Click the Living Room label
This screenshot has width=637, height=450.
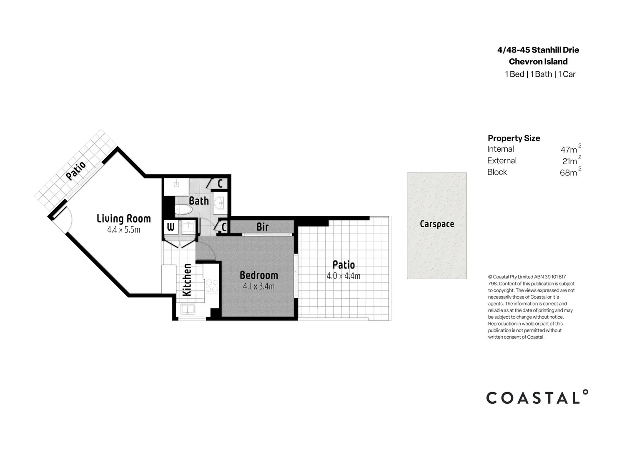pyautogui.click(x=123, y=219)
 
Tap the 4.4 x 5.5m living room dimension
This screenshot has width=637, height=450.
pyautogui.click(x=123, y=230)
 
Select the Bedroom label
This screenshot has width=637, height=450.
pyautogui.click(x=258, y=275)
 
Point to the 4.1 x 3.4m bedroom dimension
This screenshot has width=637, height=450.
pyautogui.click(x=258, y=287)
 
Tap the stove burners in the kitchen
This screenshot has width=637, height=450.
pyautogui.click(x=212, y=286)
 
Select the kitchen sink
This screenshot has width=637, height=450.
pyautogui.click(x=187, y=309)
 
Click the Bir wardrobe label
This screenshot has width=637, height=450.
pyautogui.click(x=262, y=227)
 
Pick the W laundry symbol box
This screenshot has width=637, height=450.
pyautogui.click(x=171, y=227)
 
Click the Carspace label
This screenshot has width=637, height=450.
pyautogui.click(x=436, y=224)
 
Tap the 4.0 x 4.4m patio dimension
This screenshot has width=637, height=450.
pyautogui.click(x=343, y=276)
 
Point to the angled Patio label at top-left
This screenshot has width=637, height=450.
pyautogui.click(x=76, y=170)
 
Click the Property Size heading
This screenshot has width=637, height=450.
pyautogui.click(x=514, y=138)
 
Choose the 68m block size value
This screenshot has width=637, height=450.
pyautogui.click(x=569, y=172)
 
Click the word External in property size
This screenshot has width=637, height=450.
pyautogui.click(x=502, y=161)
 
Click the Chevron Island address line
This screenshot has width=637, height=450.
pyautogui.click(x=538, y=62)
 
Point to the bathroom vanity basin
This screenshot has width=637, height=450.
pyautogui.click(x=219, y=203)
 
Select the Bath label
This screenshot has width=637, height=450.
pyautogui.click(x=198, y=201)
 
